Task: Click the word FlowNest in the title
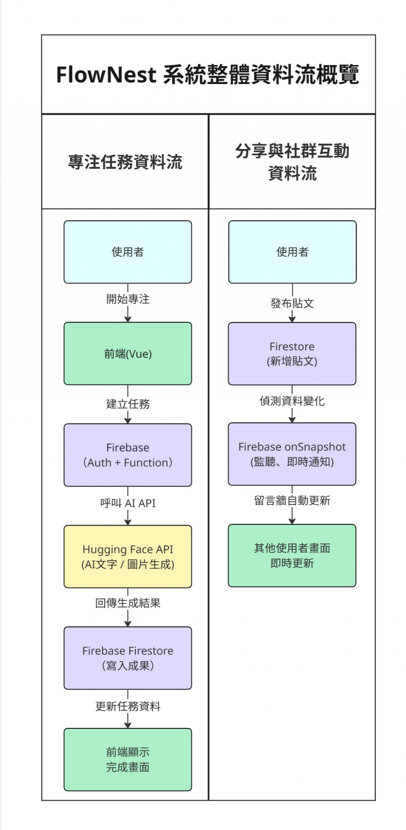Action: pyautogui.click(x=106, y=74)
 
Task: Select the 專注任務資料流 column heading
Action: pyautogui.click(x=125, y=162)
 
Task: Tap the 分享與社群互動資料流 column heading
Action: pyautogui.click(x=292, y=162)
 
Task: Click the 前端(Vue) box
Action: pyautogui.click(x=128, y=353)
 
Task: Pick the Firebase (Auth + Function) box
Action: pyautogui.click(x=128, y=455)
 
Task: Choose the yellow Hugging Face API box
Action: pyautogui.click(x=128, y=556)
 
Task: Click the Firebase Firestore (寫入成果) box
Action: pyautogui.click(x=128, y=658)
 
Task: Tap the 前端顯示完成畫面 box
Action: pyautogui.click(x=128, y=759)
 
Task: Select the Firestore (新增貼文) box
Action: pyautogui.click(x=292, y=353)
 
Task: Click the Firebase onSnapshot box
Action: pyautogui.click(x=292, y=454)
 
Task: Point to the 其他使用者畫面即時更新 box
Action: pyautogui.click(x=292, y=555)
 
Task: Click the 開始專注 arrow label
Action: pyautogui.click(x=128, y=299)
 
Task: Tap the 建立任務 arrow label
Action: pyautogui.click(x=128, y=404)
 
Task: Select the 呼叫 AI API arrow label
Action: pyautogui.click(x=128, y=503)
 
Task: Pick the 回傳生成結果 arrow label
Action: pyautogui.click(x=128, y=603)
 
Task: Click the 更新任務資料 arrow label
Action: pyautogui.click(x=128, y=706)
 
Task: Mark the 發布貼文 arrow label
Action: pyautogui.click(x=292, y=303)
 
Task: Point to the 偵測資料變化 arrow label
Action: pyautogui.click(x=292, y=401)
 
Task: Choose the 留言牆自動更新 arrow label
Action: pyautogui.click(x=292, y=500)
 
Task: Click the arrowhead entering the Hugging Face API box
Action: pyautogui.click(x=128, y=522)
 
